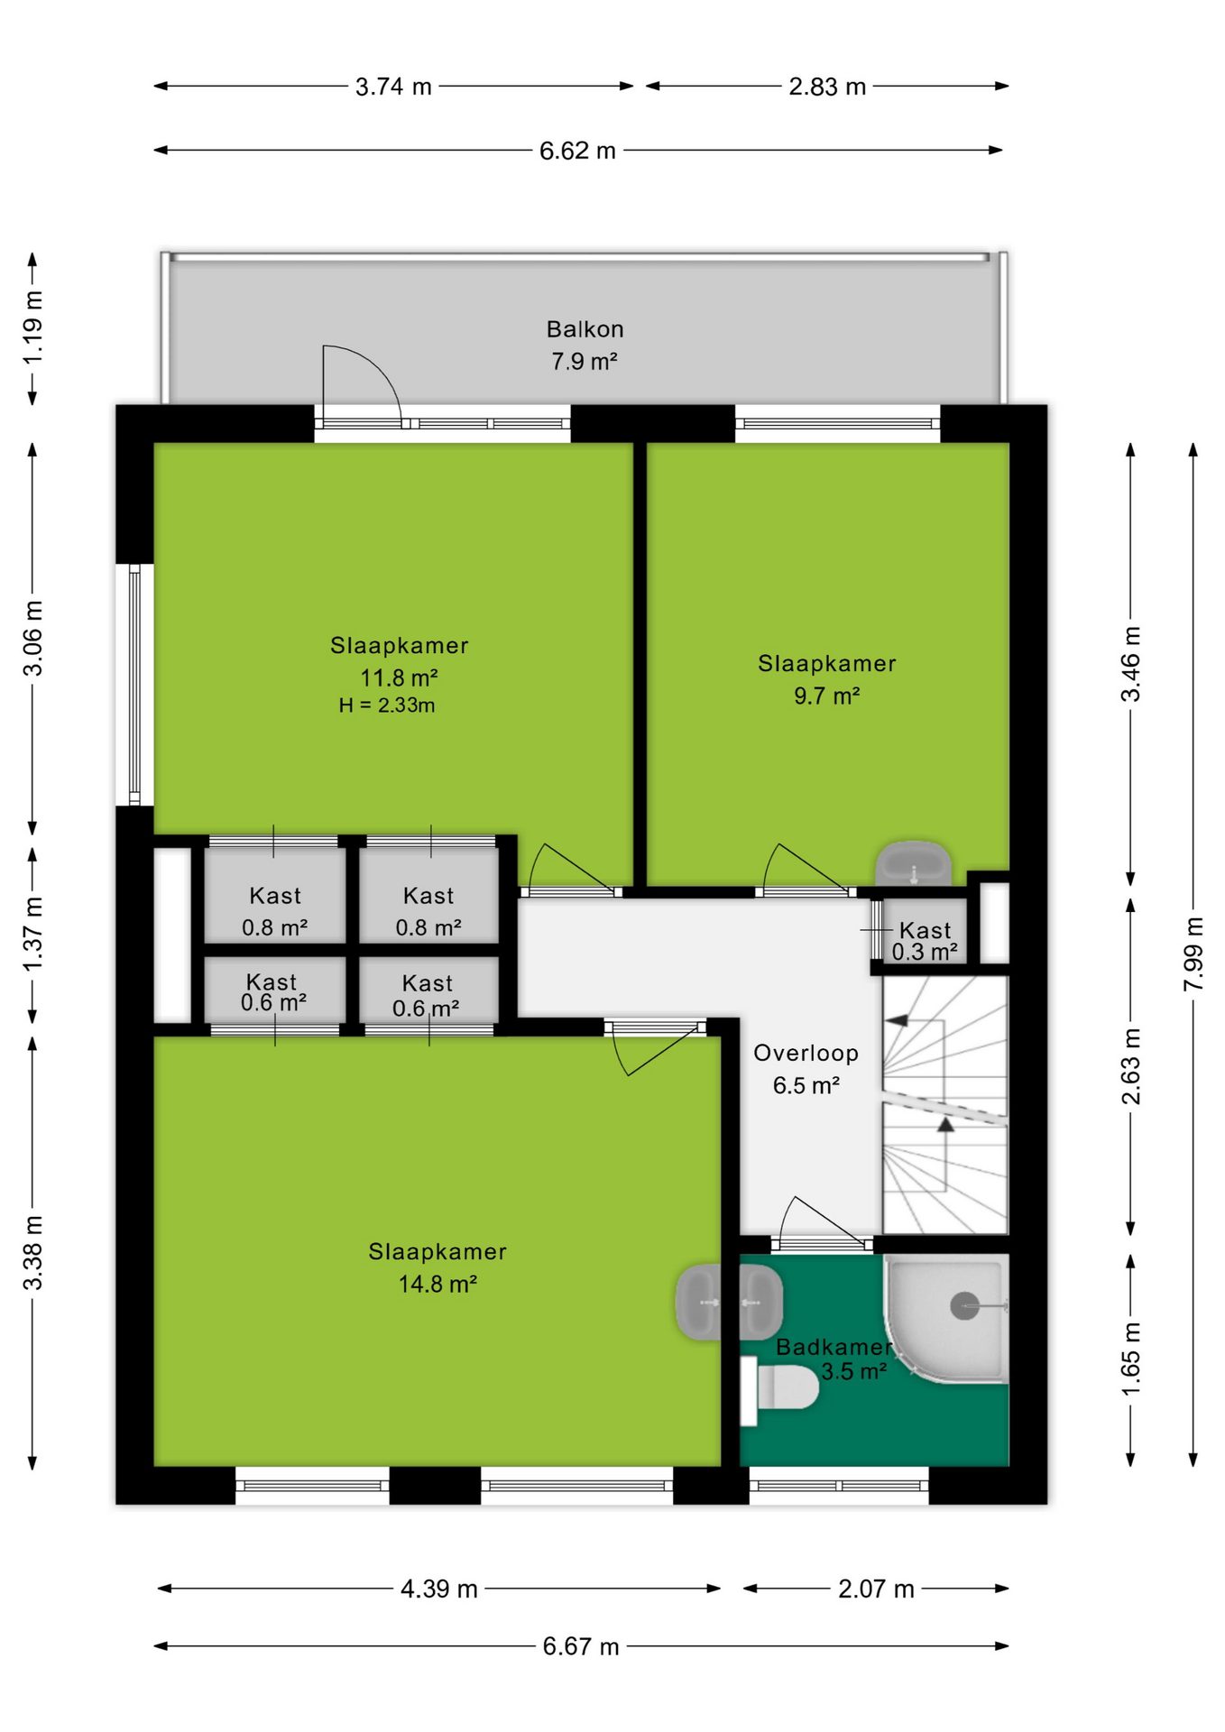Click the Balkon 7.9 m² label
click(585, 345)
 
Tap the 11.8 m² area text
click(399, 677)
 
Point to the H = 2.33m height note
click(387, 705)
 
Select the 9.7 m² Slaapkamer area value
click(826, 696)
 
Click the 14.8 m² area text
click(437, 1284)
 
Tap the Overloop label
click(806, 1053)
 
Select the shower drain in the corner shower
click(964, 1305)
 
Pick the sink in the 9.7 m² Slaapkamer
click(913, 864)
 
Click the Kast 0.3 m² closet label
click(925, 941)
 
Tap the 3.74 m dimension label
click(393, 87)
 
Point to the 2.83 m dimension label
click(827, 87)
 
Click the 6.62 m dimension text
click(577, 151)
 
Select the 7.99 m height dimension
click(1193, 954)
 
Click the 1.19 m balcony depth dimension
click(32, 327)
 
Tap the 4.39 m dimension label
click(439, 1589)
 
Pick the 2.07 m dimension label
click(876, 1589)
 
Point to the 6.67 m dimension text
click(581, 1646)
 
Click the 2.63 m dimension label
click(1130, 1066)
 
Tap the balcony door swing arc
click(379, 364)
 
